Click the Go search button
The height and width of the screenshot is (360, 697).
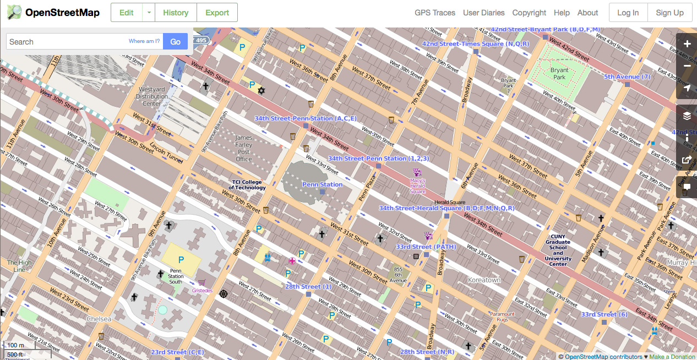coord(175,41)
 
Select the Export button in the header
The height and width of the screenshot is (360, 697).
coord(217,13)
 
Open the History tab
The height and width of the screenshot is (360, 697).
coord(176,13)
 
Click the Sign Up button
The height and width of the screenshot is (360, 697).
coord(670,13)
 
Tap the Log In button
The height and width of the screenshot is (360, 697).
coord(628,13)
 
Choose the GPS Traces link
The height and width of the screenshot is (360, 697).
coord(435,13)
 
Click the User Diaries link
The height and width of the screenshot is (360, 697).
coord(484,13)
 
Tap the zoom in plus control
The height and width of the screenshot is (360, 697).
coord(687,44)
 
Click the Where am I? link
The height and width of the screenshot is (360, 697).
coord(144,41)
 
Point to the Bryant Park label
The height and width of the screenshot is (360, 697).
coord(559,74)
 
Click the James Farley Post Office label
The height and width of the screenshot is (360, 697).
coord(243,149)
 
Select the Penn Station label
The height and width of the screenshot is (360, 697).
coord(322,184)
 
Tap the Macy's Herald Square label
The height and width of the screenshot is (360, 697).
coord(417,186)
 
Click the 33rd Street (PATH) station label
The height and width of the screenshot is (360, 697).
coord(426,247)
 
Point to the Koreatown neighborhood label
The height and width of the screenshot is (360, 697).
coord(484,280)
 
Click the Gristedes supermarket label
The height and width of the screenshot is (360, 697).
coord(202,290)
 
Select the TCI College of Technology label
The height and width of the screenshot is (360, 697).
coord(247,185)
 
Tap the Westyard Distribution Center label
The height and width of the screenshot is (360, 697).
coord(152,96)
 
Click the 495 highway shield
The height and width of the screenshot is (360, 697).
coord(202,40)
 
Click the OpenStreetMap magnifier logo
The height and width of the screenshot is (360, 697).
coord(14,12)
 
